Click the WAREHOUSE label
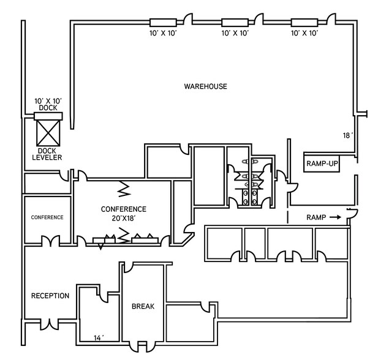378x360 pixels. pyautogui.click(x=205, y=86)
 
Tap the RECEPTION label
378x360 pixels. pyautogui.click(x=50, y=296)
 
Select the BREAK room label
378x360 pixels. pyautogui.click(x=143, y=306)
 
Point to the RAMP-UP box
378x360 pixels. pyautogui.click(x=322, y=163)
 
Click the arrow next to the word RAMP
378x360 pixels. pyautogui.click(x=335, y=217)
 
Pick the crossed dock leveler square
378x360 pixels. pyautogui.click(x=48, y=133)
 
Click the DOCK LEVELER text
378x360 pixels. pyautogui.click(x=47, y=154)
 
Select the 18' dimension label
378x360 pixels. pyautogui.click(x=347, y=136)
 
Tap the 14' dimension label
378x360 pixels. pyautogui.click(x=99, y=338)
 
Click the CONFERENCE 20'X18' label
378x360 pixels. pyautogui.click(x=124, y=214)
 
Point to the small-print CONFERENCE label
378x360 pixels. pyautogui.click(x=47, y=217)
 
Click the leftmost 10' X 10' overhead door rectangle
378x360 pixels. pyautogui.click(x=163, y=23)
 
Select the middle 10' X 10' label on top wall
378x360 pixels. pyautogui.click(x=235, y=33)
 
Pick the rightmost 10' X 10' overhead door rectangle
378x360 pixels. pyautogui.click(x=304, y=23)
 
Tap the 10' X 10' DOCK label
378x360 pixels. pyautogui.click(x=48, y=104)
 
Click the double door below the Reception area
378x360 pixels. pyautogui.click(x=50, y=324)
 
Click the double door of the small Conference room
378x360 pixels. pyautogui.click(x=50, y=241)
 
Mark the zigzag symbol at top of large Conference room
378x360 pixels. pyautogui.click(x=124, y=189)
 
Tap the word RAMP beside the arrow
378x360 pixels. pyautogui.click(x=316, y=217)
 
